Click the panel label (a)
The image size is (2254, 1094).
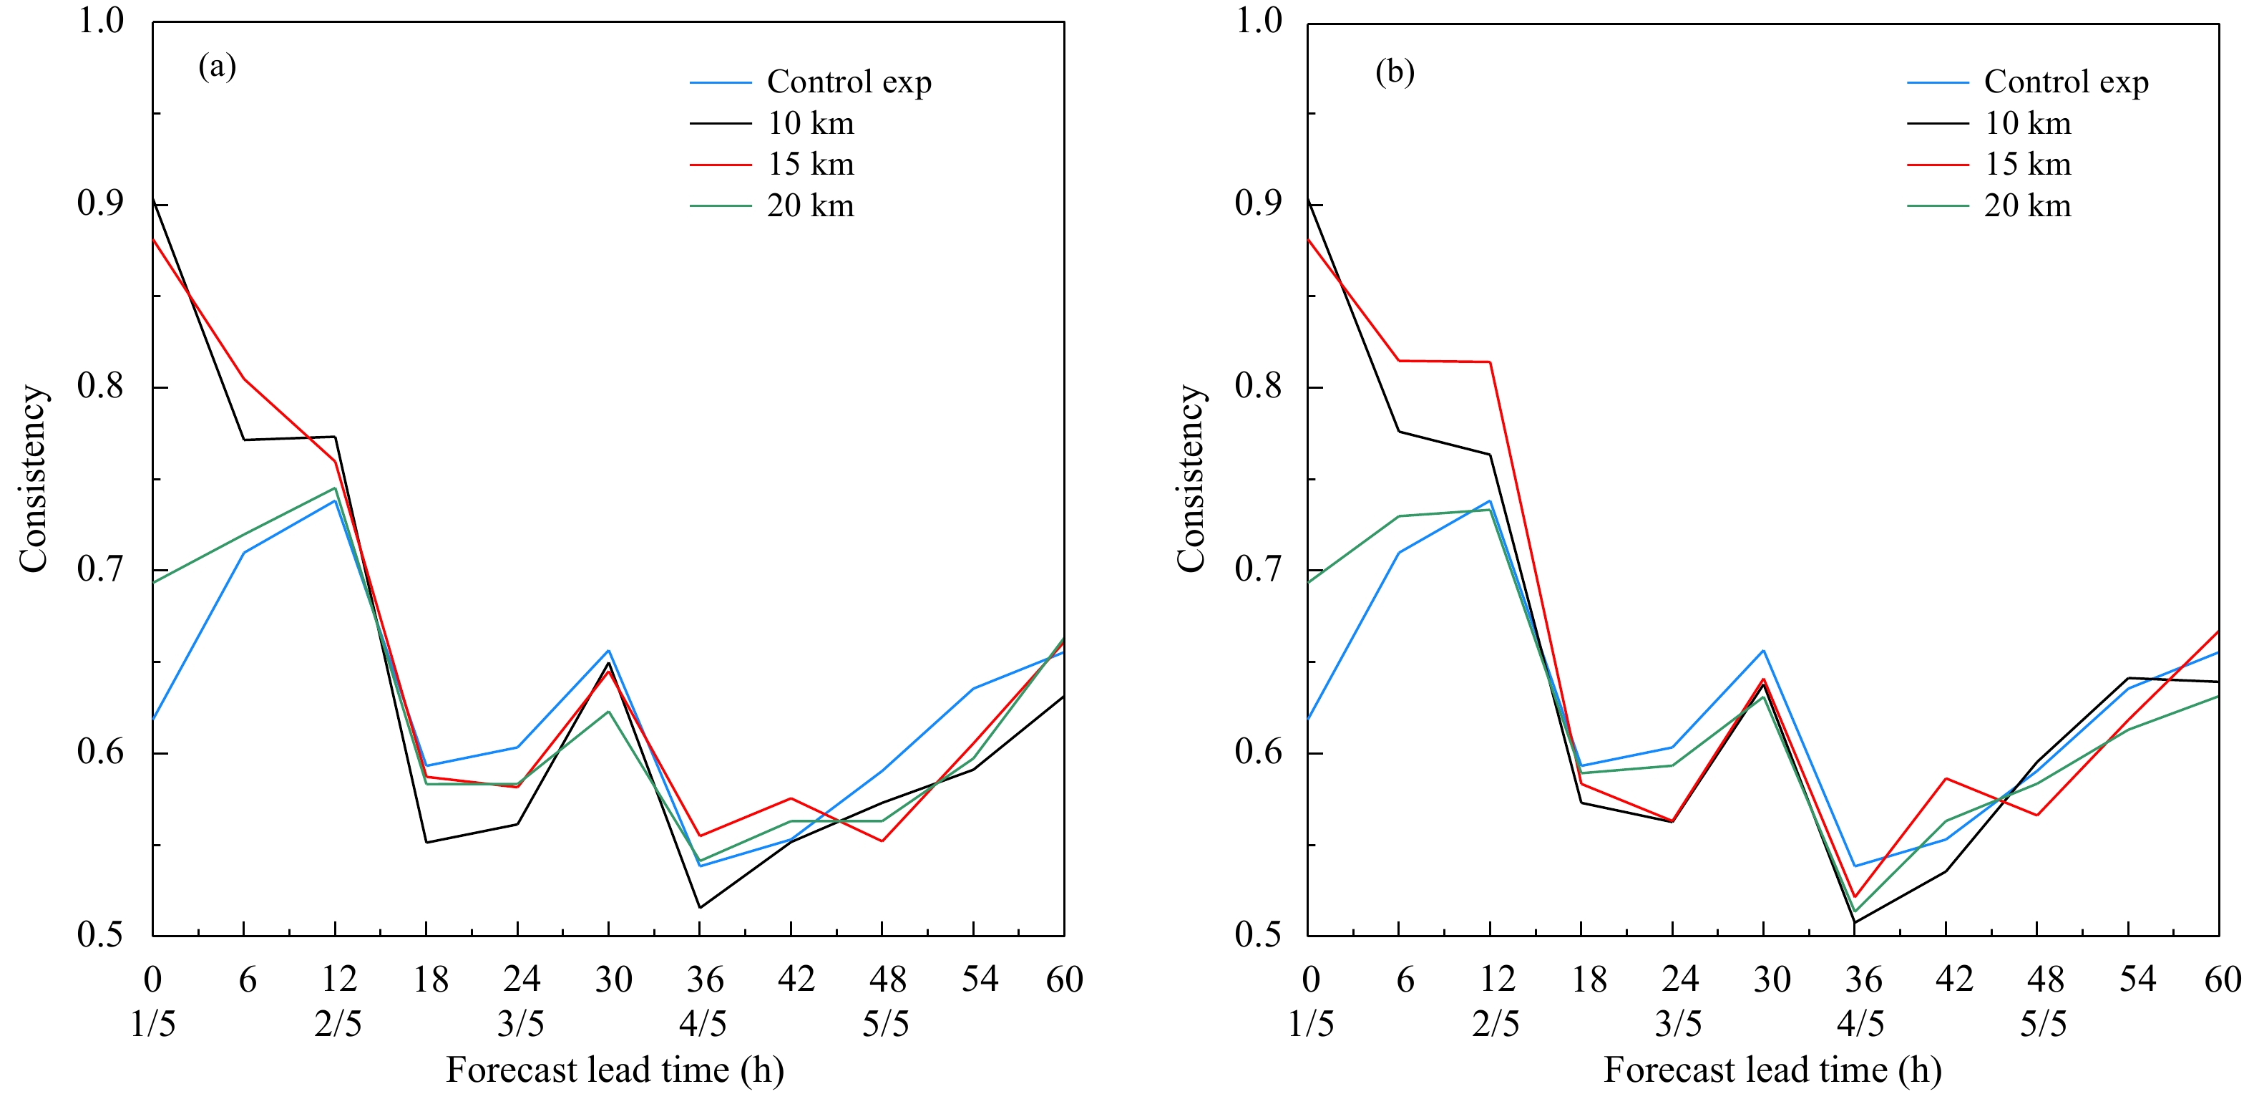[x=217, y=67]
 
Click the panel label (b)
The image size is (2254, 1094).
[x=1395, y=72]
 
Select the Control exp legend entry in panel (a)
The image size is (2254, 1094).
[x=849, y=82]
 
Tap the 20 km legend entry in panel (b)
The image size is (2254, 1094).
[x=2027, y=206]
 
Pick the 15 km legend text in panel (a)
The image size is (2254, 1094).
[x=810, y=165]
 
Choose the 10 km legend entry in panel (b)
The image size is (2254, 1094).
[x=2027, y=123]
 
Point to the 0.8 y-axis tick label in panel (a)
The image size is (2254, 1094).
[x=99, y=386]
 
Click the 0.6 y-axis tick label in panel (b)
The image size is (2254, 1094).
[x=1257, y=752]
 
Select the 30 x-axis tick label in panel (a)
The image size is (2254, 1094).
[x=613, y=979]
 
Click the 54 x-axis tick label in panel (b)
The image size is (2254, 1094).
[x=2137, y=979]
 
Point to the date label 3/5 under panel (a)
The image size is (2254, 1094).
[x=521, y=1023]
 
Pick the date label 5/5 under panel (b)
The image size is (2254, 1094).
[x=2043, y=1023]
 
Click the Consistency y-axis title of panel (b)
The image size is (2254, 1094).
[x=1191, y=479]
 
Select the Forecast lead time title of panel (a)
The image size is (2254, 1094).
[x=614, y=1070]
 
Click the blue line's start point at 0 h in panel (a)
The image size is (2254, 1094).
[x=154, y=719]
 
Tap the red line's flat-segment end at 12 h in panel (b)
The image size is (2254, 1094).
[x=1490, y=362]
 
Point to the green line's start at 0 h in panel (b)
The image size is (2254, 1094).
[x=1309, y=582]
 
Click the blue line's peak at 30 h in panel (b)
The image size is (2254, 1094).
[x=1763, y=650]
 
